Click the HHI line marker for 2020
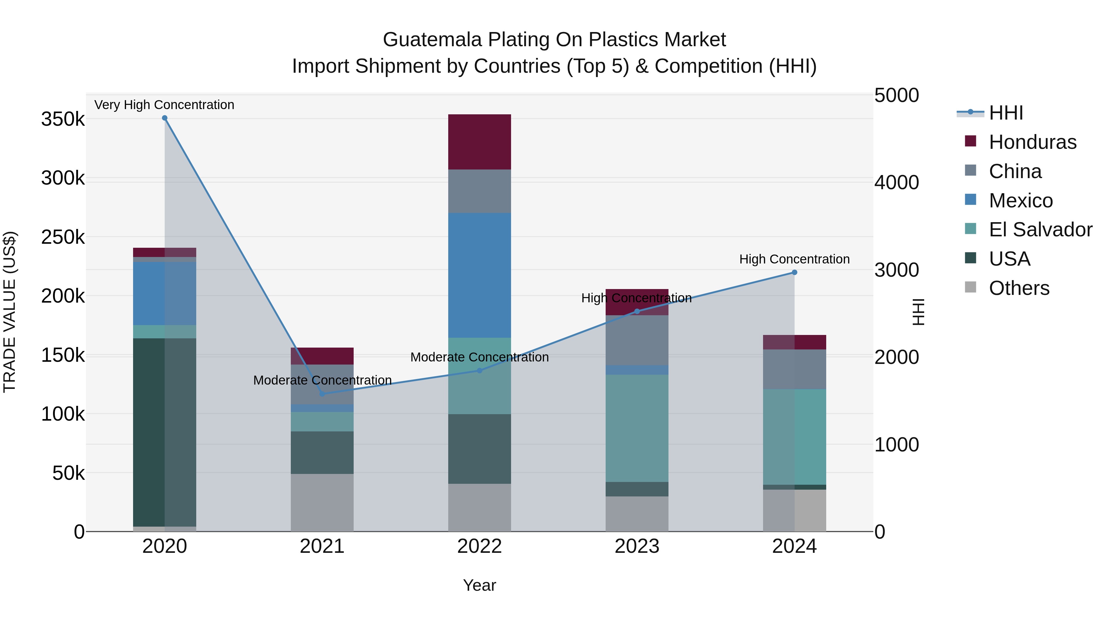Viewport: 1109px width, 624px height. tap(165, 118)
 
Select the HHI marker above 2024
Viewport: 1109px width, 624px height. tap(794, 272)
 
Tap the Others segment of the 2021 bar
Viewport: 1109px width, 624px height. tap(322, 503)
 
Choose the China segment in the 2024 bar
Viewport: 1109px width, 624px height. tap(794, 369)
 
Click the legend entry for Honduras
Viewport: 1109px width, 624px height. tap(1032, 142)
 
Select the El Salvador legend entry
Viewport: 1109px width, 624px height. tap(1040, 230)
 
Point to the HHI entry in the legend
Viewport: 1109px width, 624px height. tap(1006, 113)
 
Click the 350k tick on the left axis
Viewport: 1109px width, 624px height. tap(63, 119)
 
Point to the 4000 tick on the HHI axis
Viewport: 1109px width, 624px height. tap(896, 183)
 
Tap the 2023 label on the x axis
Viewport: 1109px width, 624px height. tap(637, 546)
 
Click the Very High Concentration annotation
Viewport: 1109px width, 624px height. tap(164, 105)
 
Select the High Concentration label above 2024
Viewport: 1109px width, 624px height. tap(794, 259)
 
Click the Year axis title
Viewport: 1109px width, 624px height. tap(479, 585)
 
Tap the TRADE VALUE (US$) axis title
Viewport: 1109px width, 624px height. tap(10, 312)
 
